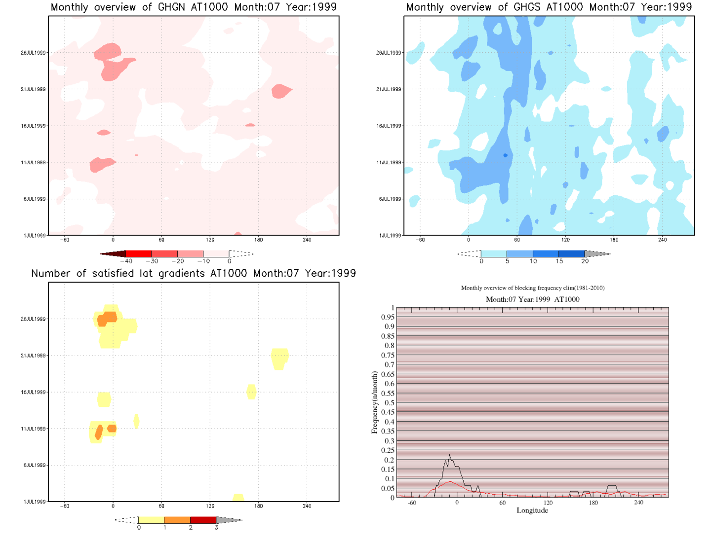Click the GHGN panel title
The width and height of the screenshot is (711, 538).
194,7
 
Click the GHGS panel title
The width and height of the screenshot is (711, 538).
549,7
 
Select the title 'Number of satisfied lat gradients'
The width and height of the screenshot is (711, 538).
194,274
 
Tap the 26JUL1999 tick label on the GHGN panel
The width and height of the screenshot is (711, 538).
33,53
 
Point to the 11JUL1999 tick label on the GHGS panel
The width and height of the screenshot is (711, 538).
389,162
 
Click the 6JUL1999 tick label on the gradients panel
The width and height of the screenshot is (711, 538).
34,465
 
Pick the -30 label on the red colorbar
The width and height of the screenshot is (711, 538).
152,261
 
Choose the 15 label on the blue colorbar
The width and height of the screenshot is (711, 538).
559,261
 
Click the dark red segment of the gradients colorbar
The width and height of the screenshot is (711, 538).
203,520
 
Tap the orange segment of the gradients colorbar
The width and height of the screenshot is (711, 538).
177,520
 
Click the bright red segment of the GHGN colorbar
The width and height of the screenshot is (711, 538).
139,254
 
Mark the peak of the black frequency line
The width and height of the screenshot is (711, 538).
449,455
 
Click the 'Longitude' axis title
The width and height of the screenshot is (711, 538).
532,510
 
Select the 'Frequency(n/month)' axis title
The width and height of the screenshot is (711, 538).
374,402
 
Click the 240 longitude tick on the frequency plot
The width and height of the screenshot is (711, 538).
639,502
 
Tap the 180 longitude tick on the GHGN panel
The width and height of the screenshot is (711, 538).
259,240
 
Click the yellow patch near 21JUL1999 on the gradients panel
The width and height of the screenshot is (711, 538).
279,358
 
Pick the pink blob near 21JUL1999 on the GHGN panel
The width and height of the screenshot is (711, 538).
281,91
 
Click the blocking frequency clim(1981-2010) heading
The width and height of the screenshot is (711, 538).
532,288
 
